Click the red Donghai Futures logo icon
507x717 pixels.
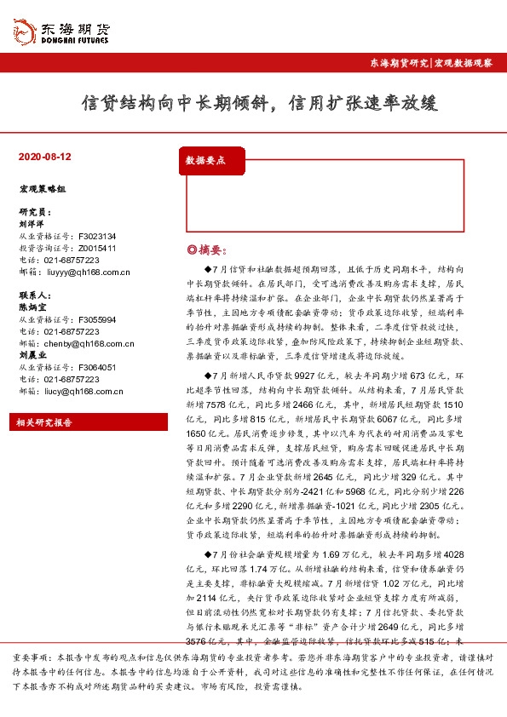tap(24, 32)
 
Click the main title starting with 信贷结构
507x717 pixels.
tap(257, 103)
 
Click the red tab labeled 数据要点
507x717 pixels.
tap(210, 160)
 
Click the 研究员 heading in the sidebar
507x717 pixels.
tap(34, 211)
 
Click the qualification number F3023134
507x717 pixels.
tap(96, 236)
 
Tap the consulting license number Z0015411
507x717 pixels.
tap(96, 248)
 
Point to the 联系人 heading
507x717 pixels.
tap(34, 295)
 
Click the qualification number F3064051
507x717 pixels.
tap(96, 367)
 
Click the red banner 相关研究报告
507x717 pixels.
tap(45, 422)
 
